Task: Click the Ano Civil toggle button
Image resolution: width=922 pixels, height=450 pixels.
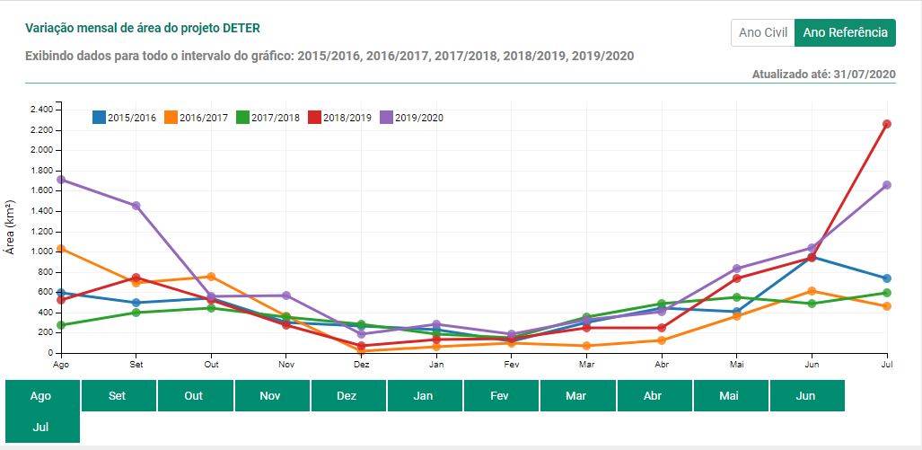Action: pos(762,33)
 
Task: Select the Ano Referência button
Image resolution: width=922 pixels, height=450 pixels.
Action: pos(845,33)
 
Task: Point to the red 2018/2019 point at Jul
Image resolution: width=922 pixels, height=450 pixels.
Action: pos(887,124)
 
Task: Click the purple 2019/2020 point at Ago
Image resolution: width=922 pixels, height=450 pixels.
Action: pos(60,180)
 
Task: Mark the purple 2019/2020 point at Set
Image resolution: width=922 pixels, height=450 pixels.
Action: pos(136,206)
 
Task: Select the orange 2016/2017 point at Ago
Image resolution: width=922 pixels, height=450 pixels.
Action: pos(60,249)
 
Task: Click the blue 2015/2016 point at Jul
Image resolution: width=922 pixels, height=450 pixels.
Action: pos(887,278)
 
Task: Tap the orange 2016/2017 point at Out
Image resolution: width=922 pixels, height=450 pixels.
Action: pos(211,277)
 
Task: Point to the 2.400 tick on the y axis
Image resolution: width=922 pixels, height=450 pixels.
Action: pos(41,110)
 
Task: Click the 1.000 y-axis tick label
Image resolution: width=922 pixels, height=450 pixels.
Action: pos(41,251)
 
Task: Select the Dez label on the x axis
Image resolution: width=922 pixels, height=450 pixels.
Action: pos(361,366)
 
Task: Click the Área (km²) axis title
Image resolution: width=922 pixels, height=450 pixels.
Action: pos(11,226)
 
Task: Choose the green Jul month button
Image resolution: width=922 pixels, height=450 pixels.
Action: pos(41,428)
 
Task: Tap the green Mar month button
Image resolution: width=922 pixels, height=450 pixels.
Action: pos(576,395)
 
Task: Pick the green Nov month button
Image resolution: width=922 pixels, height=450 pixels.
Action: pos(270,395)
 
